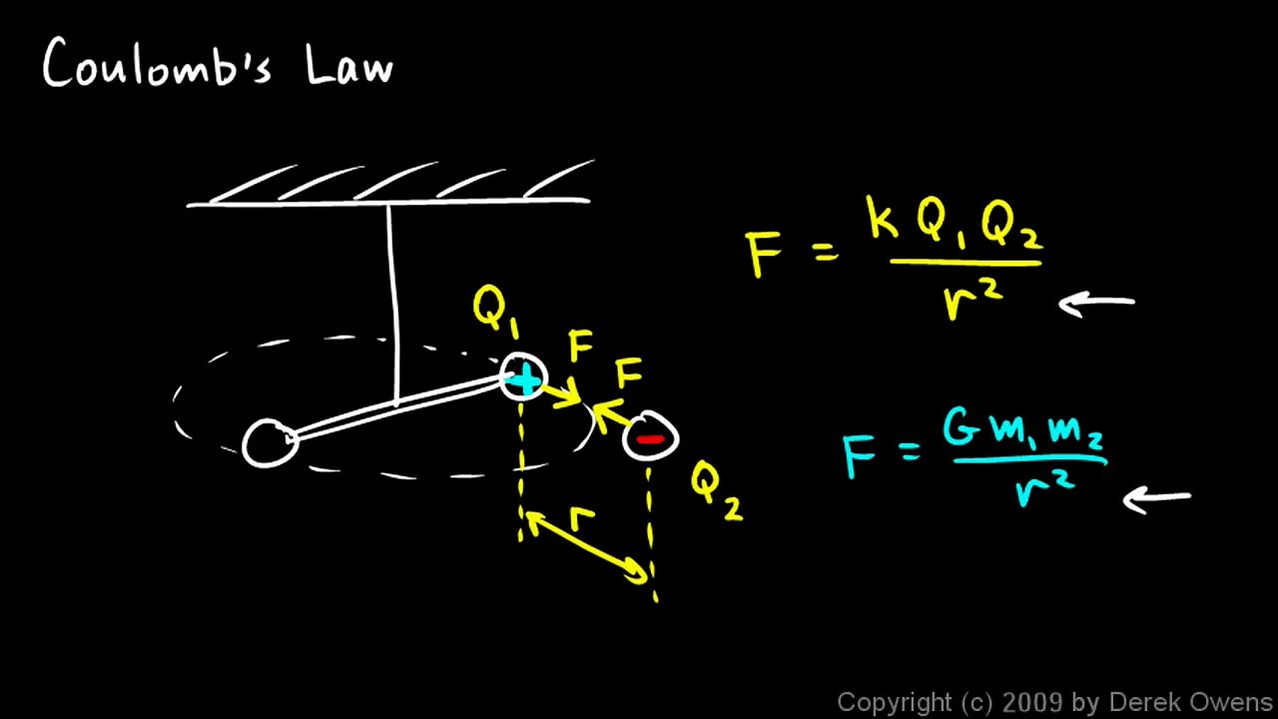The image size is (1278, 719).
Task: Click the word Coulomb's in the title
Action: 157,63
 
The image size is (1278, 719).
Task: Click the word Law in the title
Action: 349,65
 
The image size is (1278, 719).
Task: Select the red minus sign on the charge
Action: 650,438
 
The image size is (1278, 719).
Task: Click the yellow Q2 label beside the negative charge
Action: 717,491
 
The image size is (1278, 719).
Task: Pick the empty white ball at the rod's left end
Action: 270,443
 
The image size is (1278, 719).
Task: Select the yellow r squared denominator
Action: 971,301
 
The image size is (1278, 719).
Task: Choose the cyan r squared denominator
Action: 1045,490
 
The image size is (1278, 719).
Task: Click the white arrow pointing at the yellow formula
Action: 1096,304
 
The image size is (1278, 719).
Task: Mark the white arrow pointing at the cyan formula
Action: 1156,500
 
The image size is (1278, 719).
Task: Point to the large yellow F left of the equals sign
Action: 762,254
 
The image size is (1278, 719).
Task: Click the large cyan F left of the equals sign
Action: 859,456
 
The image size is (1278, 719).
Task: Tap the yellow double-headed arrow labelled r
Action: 585,548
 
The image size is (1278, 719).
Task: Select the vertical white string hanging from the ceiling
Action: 393,304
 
